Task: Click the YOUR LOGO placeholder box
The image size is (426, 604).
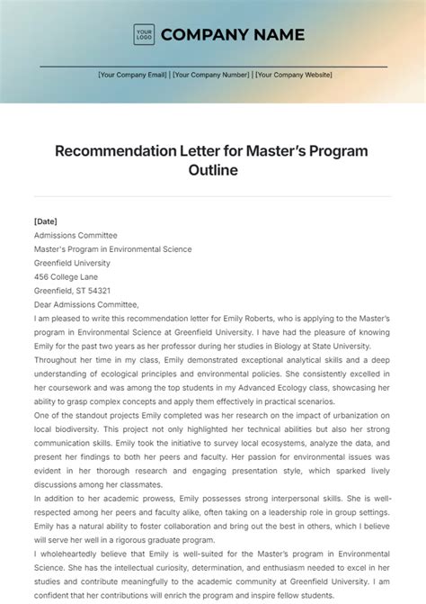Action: pyautogui.click(x=144, y=35)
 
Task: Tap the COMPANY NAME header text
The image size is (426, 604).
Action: pyautogui.click(x=233, y=35)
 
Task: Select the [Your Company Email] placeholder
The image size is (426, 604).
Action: pyautogui.click(x=133, y=76)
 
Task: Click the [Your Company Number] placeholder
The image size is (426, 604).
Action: pyautogui.click(x=212, y=76)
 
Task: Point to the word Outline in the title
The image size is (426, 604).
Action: pyautogui.click(x=213, y=170)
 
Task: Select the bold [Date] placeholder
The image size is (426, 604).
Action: pyautogui.click(x=45, y=221)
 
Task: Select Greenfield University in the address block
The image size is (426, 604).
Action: pyautogui.click(x=72, y=263)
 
